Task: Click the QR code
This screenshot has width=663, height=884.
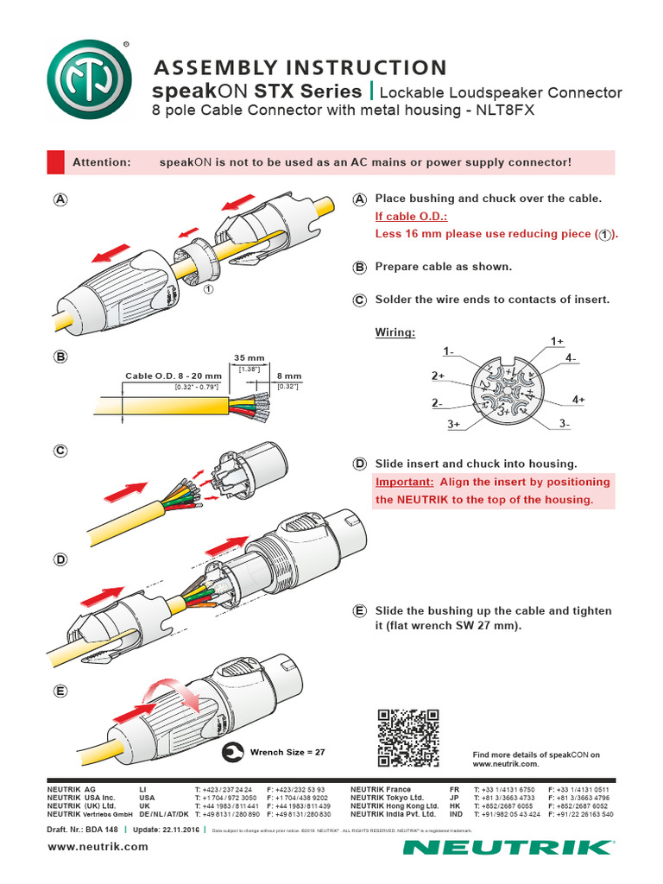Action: (408, 737)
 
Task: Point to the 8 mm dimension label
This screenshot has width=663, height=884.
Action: (289, 376)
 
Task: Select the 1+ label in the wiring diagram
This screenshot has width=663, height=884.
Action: (558, 342)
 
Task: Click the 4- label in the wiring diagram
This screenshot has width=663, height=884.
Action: (571, 357)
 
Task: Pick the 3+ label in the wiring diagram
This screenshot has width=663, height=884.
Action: (454, 425)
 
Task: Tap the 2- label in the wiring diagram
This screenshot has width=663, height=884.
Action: (437, 403)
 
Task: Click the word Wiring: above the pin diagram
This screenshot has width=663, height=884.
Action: (395, 332)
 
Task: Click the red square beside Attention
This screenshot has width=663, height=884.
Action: (55, 162)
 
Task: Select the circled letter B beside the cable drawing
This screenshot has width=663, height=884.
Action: (60, 357)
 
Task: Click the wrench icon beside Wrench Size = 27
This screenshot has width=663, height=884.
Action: (232, 752)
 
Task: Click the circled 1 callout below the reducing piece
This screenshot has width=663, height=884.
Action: (208, 291)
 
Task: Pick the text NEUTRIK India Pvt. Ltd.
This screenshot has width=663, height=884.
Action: (394, 814)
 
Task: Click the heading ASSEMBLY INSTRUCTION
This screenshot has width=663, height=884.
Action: (300, 67)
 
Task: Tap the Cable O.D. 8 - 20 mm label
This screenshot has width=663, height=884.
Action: (174, 376)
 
